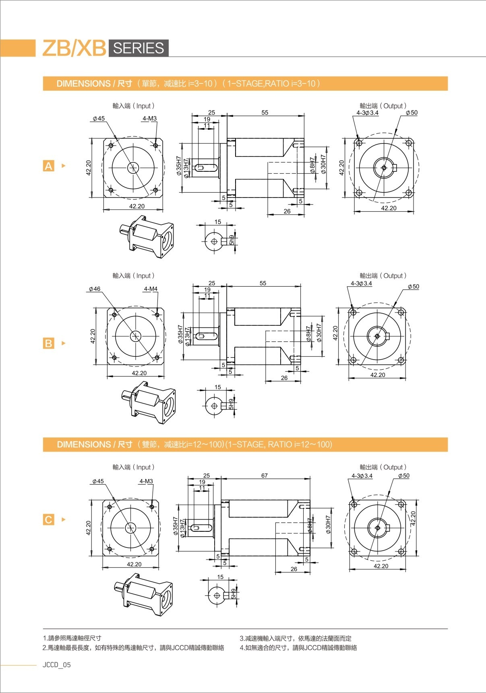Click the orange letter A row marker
[x=48, y=166]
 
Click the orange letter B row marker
[x=48, y=343]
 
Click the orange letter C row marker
[x=48, y=520]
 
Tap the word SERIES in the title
[x=138, y=48]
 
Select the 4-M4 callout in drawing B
[x=151, y=289]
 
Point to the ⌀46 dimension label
[x=95, y=289]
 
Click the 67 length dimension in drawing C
[x=264, y=476]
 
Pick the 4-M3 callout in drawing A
[x=149, y=119]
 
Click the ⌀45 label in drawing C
[x=98, y=481]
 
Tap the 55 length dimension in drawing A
[x=265, y=112]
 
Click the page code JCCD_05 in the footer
[x=57, y=665]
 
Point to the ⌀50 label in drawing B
[x=413, y=287]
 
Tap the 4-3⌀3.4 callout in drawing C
[x=362, y=476]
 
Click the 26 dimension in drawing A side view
[x=287, y=211]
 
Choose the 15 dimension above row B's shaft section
[x=217, y=387]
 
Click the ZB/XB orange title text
[x=74, y=48]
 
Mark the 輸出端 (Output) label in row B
[x=383, y=276]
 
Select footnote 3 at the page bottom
[x=296, y=638]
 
